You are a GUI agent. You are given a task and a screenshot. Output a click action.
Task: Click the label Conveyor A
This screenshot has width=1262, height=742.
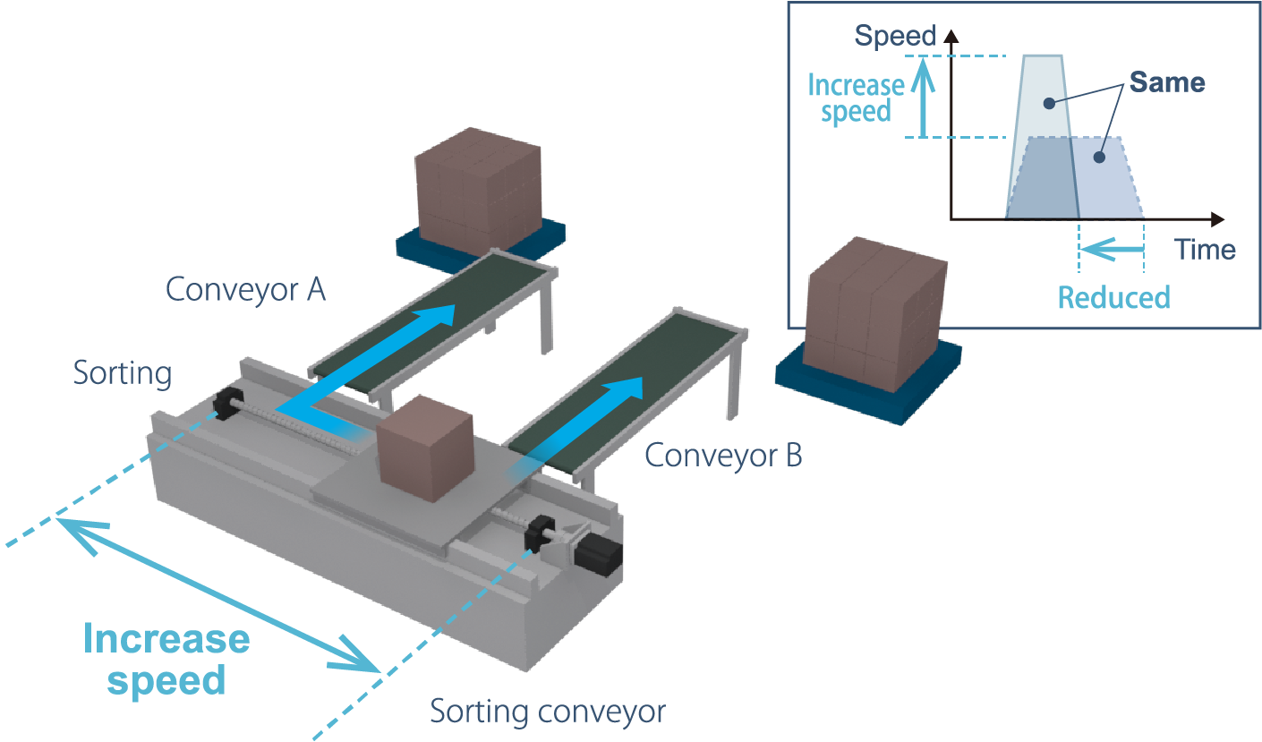pos(245,289)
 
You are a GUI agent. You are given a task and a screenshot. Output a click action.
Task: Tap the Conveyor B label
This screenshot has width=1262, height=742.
pos(723,456)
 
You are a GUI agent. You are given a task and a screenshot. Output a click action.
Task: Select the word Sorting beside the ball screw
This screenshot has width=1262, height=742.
pos(123,372)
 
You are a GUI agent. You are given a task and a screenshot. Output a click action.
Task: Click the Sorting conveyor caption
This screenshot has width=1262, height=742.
pos(548,712)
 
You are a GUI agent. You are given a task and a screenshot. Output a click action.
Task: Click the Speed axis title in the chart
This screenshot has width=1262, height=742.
pos(894,37)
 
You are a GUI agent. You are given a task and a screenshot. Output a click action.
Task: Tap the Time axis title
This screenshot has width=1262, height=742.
pos(1206,249)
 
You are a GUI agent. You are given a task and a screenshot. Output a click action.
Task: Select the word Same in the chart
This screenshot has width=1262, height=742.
pos(1166,83)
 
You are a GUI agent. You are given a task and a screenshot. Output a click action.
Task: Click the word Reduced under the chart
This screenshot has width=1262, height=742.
pos(1113,297)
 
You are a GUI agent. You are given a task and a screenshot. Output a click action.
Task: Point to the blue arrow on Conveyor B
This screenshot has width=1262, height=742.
pos(583,423)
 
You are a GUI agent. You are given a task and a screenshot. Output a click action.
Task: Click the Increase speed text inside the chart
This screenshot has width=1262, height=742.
pos(856,98)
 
